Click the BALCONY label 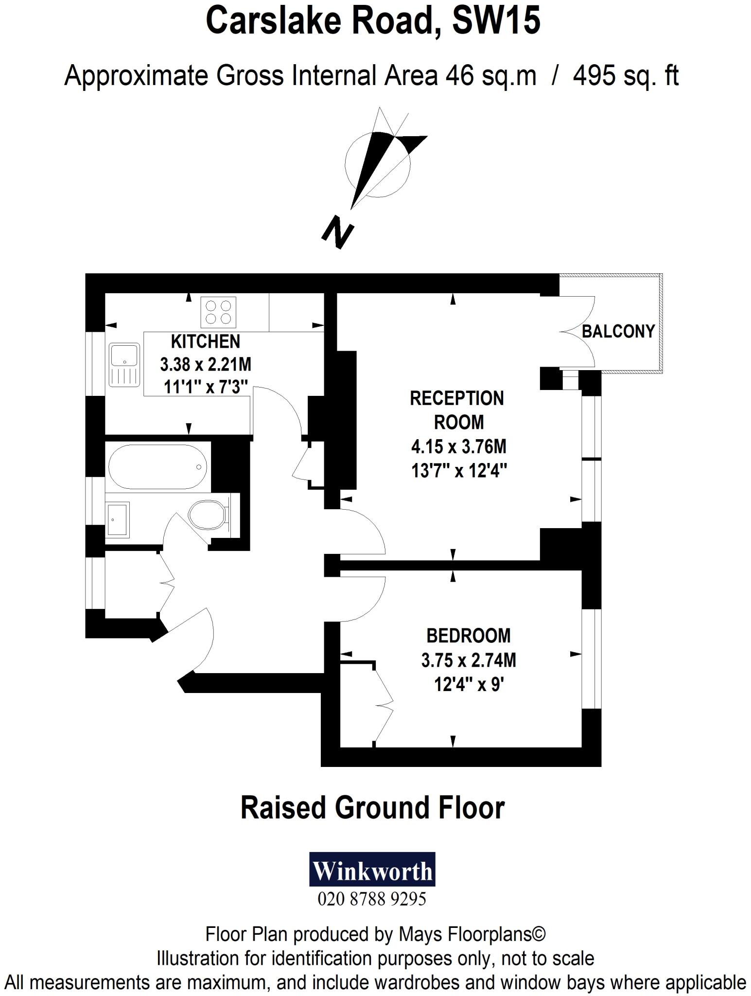[x=618, y=332]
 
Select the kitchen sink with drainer [x=125, y=365]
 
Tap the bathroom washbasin [x=118, y=519]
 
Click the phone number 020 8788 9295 [x=372, y=899]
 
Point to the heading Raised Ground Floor [x=372, y=809]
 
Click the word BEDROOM [x=469, y=636]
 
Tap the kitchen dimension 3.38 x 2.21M [x=206, y=364]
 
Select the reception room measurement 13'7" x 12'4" [x=459, y=471]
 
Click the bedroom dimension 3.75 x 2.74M [x=469, y=660]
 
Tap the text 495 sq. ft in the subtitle [x=626, y=76]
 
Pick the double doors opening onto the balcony [x=578, y=333]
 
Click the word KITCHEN [x=206, y=341]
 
